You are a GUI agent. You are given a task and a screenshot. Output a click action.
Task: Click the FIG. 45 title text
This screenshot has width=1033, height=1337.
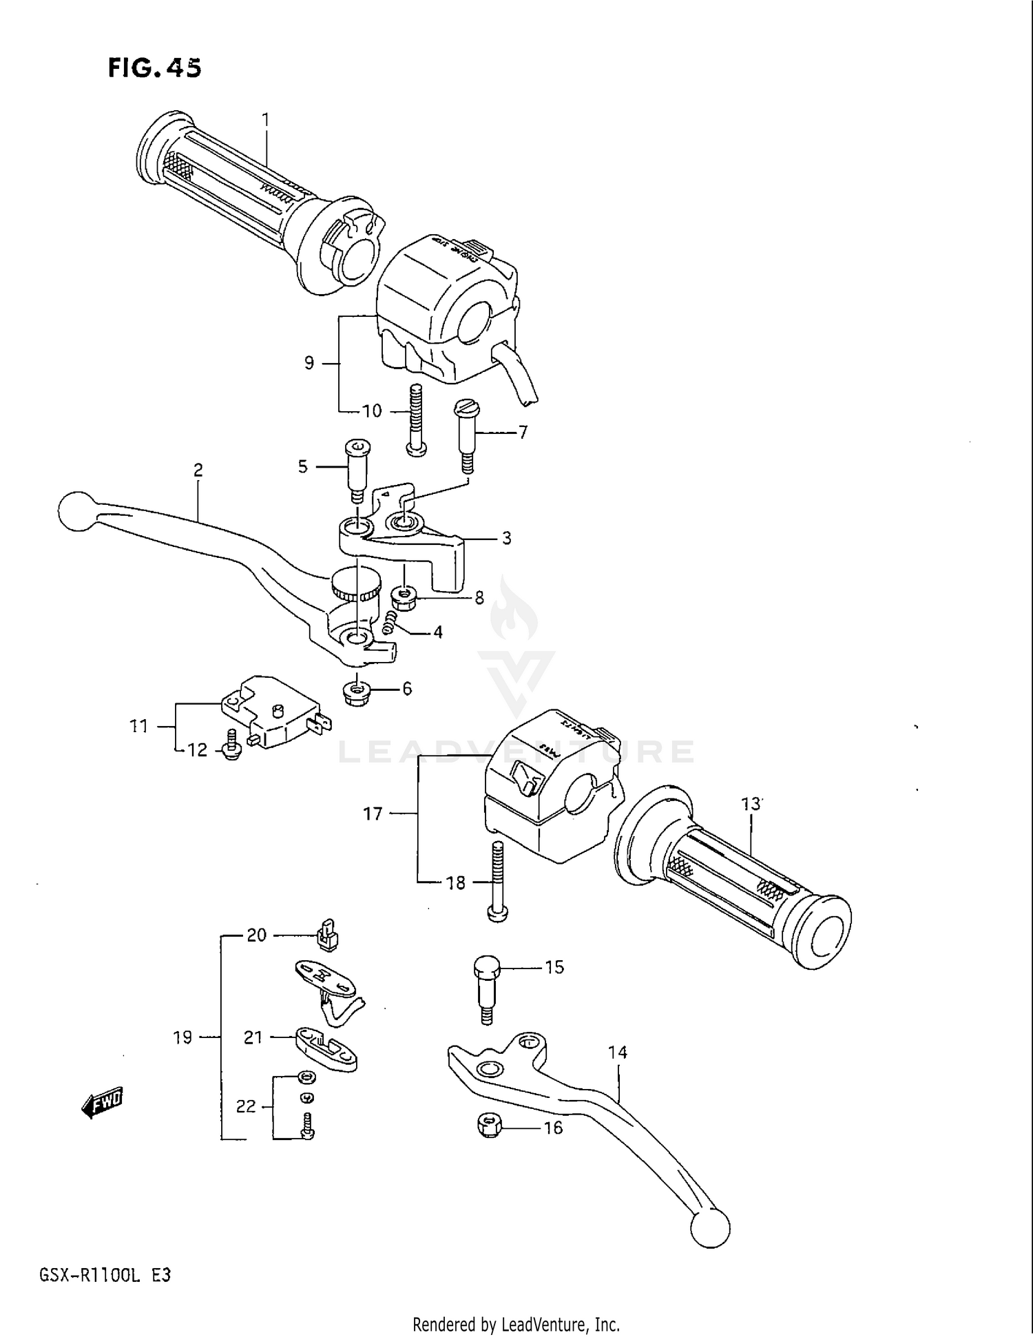click(155, 68)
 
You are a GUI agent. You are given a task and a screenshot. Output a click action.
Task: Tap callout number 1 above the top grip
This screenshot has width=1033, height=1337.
click(266, 120)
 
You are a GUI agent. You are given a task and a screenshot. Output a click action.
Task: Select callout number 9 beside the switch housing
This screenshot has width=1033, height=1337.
click(309, 362)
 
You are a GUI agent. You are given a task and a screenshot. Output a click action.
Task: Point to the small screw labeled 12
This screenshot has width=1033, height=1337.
click(232, 746)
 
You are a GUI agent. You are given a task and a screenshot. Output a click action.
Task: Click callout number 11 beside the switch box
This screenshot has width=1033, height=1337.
click(138, 725)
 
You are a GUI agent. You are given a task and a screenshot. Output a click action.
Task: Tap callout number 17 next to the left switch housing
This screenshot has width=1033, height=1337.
click(373, 813)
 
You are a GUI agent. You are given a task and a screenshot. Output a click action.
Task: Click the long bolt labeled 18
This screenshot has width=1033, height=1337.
click(498, 882)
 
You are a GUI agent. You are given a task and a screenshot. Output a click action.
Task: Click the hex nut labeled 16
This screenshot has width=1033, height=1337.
click(488, 1127)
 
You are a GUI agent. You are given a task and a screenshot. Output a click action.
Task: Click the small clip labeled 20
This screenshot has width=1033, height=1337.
click(328, 935)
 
